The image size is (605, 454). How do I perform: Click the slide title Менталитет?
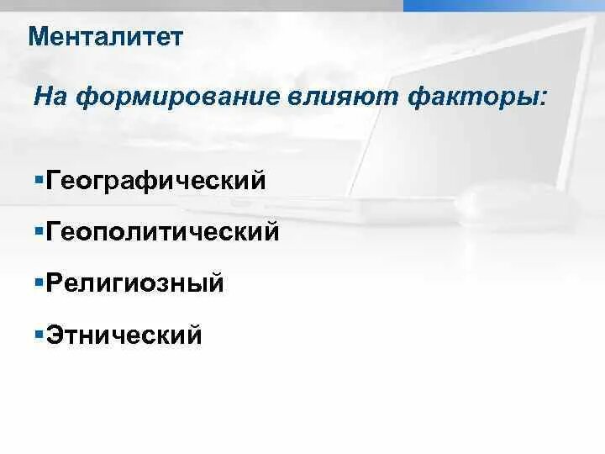[105, 36]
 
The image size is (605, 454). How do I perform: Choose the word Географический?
[156, 181]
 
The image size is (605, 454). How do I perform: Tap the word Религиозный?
[135, 283]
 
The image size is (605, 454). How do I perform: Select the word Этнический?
[124, 335]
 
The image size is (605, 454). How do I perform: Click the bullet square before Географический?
[39, 178]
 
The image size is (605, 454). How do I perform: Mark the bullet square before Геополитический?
[39, 230]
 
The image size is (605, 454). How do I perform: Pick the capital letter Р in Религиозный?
[55, 282]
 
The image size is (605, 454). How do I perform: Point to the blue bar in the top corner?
[504, 5]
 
